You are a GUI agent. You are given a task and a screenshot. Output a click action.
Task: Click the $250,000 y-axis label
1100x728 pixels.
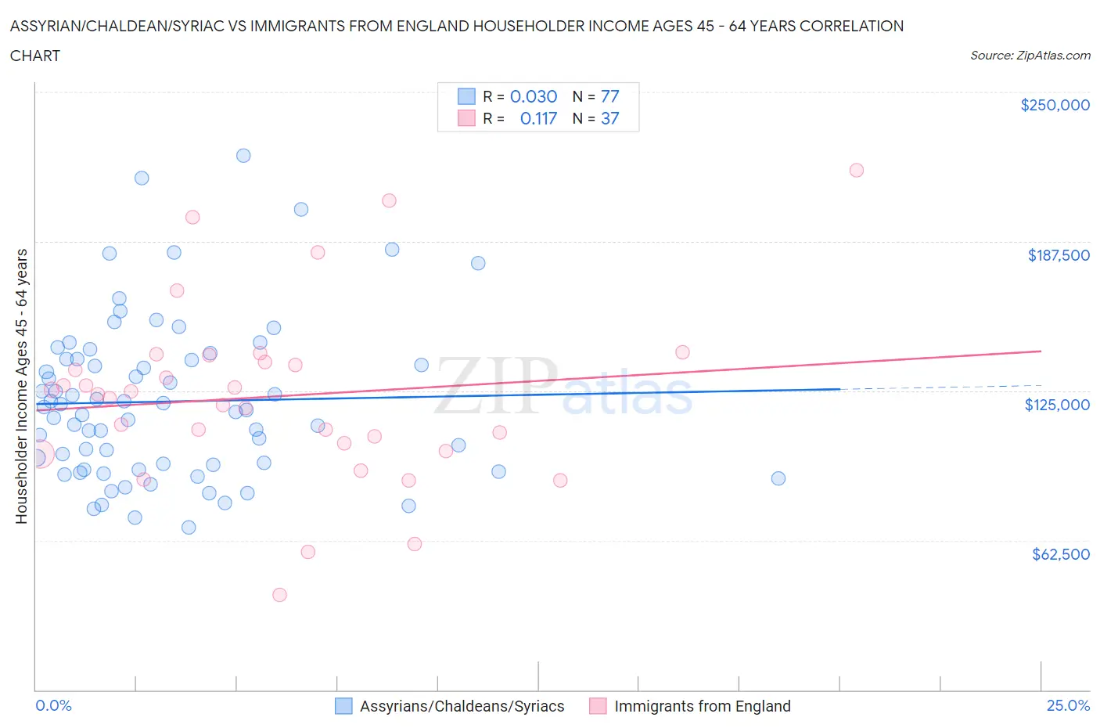tap(1055, 105)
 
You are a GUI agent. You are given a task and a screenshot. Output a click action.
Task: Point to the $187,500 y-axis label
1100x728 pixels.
tap(1058, 255)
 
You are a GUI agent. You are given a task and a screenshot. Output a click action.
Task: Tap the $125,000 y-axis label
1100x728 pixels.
tap(1057, 405)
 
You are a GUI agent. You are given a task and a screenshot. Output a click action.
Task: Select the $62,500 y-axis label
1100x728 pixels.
tap(1060, 554)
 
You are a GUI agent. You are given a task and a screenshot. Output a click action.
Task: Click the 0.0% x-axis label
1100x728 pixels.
tap(53, 705)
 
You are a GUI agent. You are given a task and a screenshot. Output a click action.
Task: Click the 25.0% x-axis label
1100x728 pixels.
tap(1068, 705)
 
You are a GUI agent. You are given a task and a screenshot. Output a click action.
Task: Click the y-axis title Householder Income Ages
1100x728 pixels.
tap(22, 386)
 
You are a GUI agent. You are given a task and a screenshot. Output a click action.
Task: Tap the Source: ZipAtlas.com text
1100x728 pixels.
tap(1030, 56)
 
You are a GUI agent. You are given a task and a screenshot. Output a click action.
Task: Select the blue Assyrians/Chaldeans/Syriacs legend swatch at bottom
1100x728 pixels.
tap(343, 706)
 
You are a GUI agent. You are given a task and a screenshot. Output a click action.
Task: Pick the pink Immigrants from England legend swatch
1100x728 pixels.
tap(598, 706)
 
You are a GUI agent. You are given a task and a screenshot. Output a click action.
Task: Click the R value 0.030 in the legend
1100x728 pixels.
tap(534, 96)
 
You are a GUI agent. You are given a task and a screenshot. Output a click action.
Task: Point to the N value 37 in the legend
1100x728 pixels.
tap(609, 118)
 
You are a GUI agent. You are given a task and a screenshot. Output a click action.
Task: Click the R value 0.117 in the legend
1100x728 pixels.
tap(538, 118)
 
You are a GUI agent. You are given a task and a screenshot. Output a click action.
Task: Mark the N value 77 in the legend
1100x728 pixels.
tap(609, 96)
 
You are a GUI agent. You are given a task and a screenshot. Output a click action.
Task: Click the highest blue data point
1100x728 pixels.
tap(243, 156)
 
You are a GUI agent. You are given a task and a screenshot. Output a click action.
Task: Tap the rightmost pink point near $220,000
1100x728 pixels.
tap(856, 170)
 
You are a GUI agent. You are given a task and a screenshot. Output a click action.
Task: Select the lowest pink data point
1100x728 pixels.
tap(279, 595)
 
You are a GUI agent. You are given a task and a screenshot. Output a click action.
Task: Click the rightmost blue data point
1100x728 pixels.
tap(778, 478)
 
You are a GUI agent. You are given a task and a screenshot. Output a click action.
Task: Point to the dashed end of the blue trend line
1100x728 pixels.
tap(939, 387)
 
